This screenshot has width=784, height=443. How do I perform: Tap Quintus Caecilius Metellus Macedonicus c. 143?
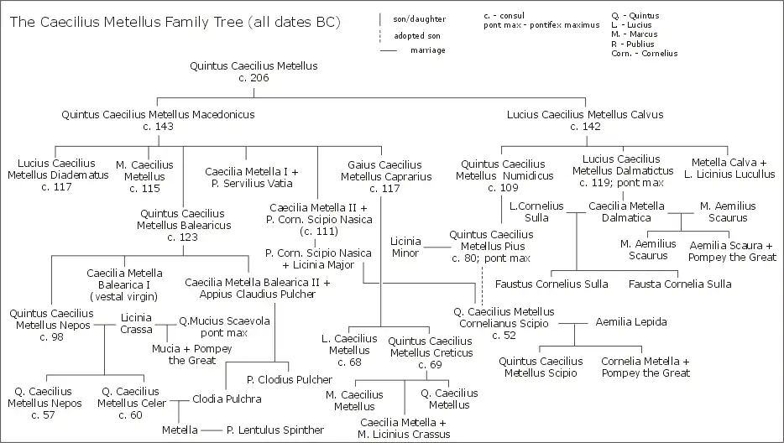pos(158,120)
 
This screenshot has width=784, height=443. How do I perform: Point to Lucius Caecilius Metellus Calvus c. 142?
pos(585,120)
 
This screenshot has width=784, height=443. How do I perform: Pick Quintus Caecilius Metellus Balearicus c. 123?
pos(182,226)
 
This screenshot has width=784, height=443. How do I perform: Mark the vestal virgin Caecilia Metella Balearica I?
pos(124,284)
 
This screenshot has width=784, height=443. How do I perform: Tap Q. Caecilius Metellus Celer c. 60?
pos(128,403)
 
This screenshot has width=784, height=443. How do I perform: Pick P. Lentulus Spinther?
pos(275,430)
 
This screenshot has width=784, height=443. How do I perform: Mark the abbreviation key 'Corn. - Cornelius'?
pos(645,54)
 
